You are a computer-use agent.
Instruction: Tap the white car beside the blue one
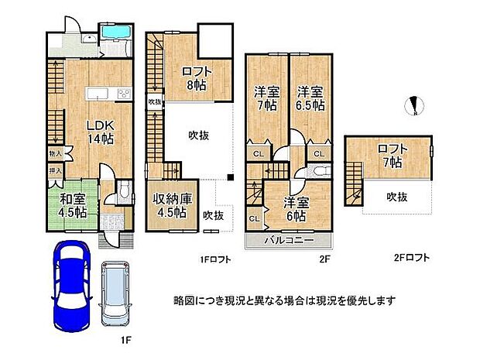tap(118, 293)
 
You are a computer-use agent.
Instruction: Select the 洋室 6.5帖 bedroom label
tap(310, 99)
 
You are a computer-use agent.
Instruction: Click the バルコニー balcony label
tap(288, 241)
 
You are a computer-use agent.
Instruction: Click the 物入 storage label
tap(55, 154)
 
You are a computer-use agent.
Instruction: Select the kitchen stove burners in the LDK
tap(122, 94)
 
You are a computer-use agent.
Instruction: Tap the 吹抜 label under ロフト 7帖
tap(396, 197)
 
